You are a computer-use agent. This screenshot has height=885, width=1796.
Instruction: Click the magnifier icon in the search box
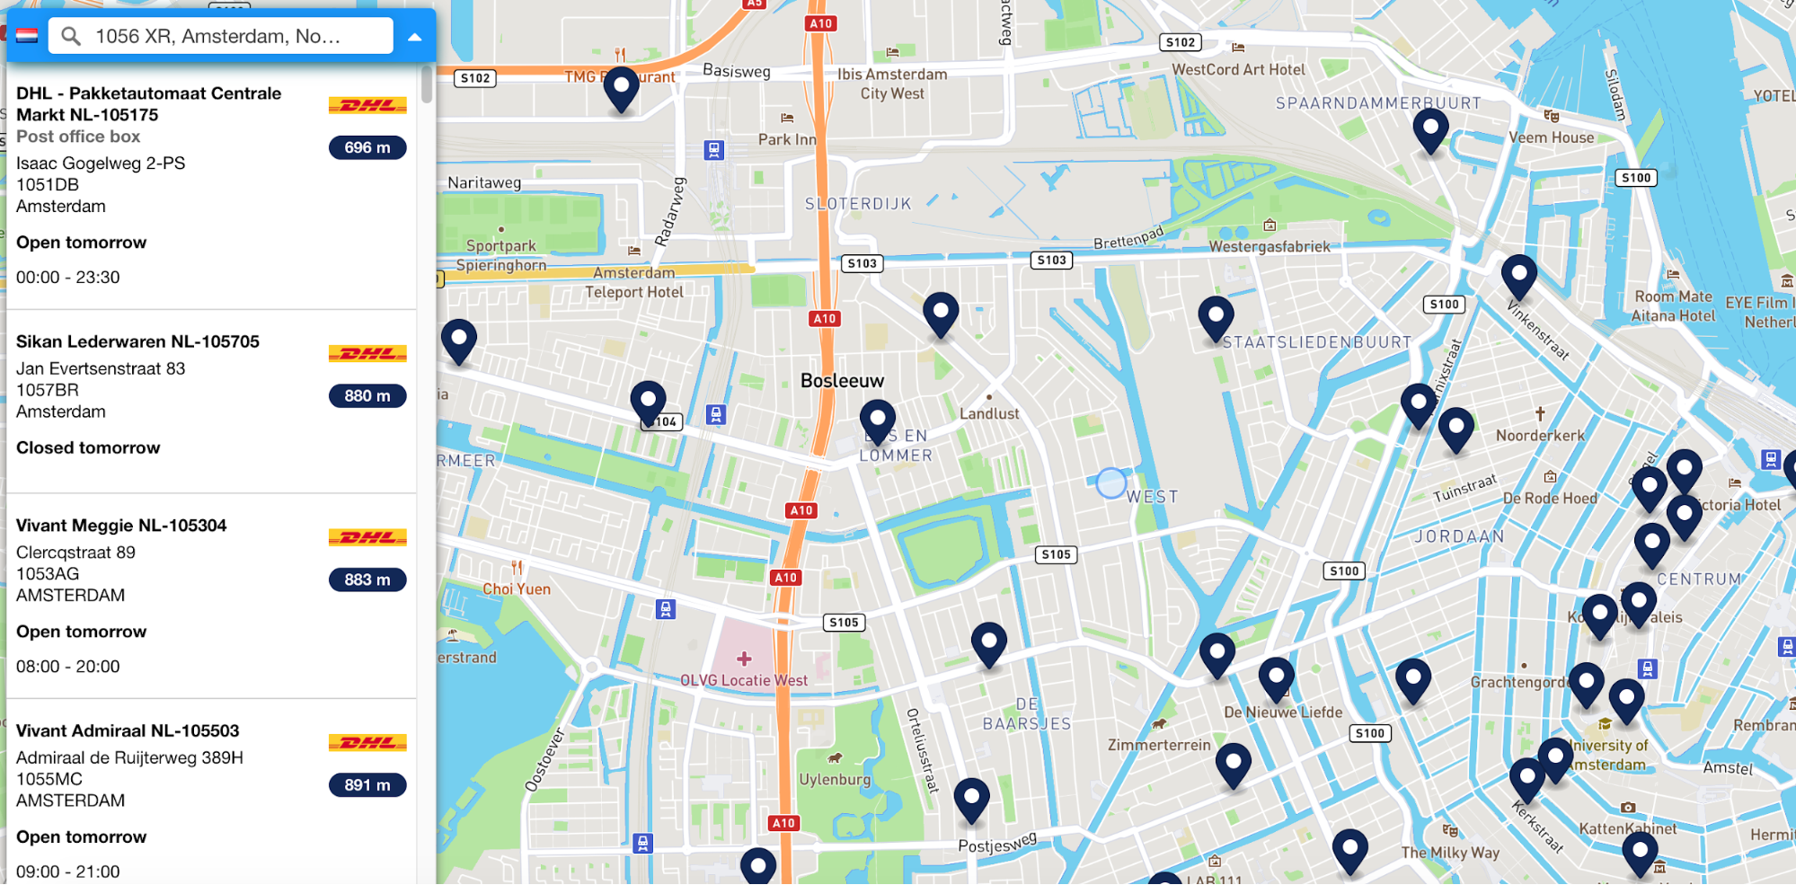point(71,36)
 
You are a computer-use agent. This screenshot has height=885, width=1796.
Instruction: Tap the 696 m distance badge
point(367,147)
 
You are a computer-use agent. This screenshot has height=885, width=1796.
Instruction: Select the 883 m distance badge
point(367,580)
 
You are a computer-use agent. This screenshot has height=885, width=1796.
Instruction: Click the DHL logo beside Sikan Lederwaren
point(367,354)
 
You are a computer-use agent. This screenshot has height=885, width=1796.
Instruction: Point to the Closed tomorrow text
point(88,447)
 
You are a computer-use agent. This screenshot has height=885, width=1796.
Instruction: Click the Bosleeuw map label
point(842,381)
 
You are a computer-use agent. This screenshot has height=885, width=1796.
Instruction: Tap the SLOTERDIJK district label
point(858,204)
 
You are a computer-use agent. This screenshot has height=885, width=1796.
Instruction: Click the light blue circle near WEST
point(1111,483)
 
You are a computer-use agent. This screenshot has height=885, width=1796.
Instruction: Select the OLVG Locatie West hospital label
point(744,680)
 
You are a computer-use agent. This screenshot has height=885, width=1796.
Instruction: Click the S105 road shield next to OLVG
point(844,622)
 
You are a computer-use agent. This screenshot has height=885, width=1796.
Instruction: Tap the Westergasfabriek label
point(1269,246)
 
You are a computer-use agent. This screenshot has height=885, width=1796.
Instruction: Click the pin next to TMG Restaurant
point(621,88)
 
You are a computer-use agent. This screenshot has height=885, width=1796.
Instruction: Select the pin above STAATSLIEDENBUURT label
point(1216,317)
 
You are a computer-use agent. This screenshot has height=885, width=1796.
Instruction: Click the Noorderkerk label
point(1540,436)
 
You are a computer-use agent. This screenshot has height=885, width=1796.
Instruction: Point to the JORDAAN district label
point(1459,536)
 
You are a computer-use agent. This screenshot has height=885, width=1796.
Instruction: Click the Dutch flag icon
point(27,36)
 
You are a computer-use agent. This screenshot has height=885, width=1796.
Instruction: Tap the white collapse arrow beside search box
point(414,37)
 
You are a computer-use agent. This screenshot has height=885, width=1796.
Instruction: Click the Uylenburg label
point(835,779)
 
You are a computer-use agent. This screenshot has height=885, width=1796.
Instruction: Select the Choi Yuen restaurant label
point(517,589)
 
